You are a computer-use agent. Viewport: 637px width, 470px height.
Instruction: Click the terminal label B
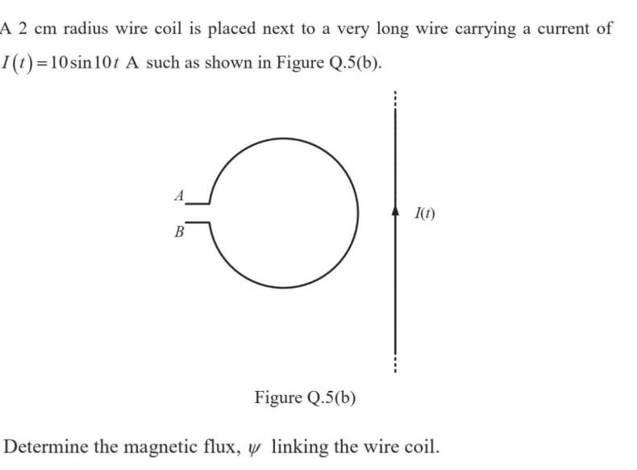click(x=180, y=231)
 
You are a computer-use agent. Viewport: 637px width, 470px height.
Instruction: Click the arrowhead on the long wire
click(x=395, y=210)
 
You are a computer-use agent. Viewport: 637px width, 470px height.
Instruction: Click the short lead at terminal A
click(x=198, y=202)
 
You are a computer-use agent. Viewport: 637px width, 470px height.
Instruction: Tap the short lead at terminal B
click(x=198, y=222)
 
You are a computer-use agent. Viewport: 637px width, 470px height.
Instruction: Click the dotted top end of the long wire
click(x=394, y=97)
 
